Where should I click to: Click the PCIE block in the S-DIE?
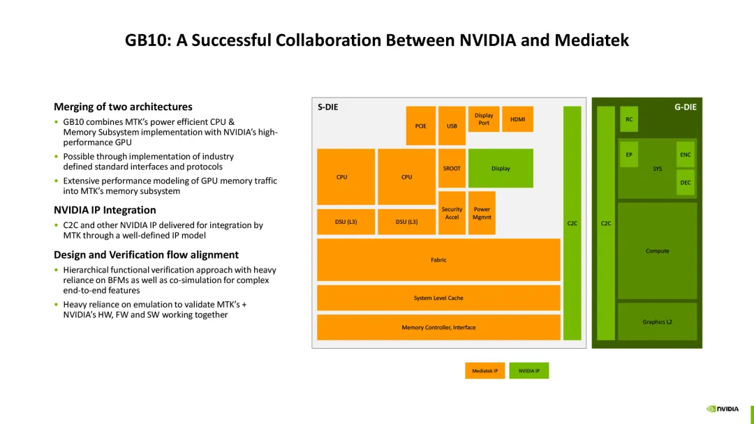click(420, 126)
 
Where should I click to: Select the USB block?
click(452, 126)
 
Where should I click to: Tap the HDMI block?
click(517, 119)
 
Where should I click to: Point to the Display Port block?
click(484, 119)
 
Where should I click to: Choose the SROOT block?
click(452, 168)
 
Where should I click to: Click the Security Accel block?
click(452, 213)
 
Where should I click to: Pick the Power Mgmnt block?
click(482, 213)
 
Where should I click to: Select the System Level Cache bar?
click(438, 298)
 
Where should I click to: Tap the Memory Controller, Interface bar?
click(438, 327)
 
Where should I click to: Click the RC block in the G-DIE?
click(629, 119)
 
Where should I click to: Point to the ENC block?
click(686, 155)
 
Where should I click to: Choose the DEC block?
click(686, 182)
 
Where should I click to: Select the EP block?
click(629, 155)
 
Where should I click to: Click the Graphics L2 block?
click(657, 321)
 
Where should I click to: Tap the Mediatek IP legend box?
click(485, 371)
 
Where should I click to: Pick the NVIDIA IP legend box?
click(528, 371)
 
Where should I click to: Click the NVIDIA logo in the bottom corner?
click(722, 409)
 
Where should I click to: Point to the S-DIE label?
click(328, 107)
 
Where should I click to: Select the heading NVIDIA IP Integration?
click(105, 210)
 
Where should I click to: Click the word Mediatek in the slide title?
click(591, 40)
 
